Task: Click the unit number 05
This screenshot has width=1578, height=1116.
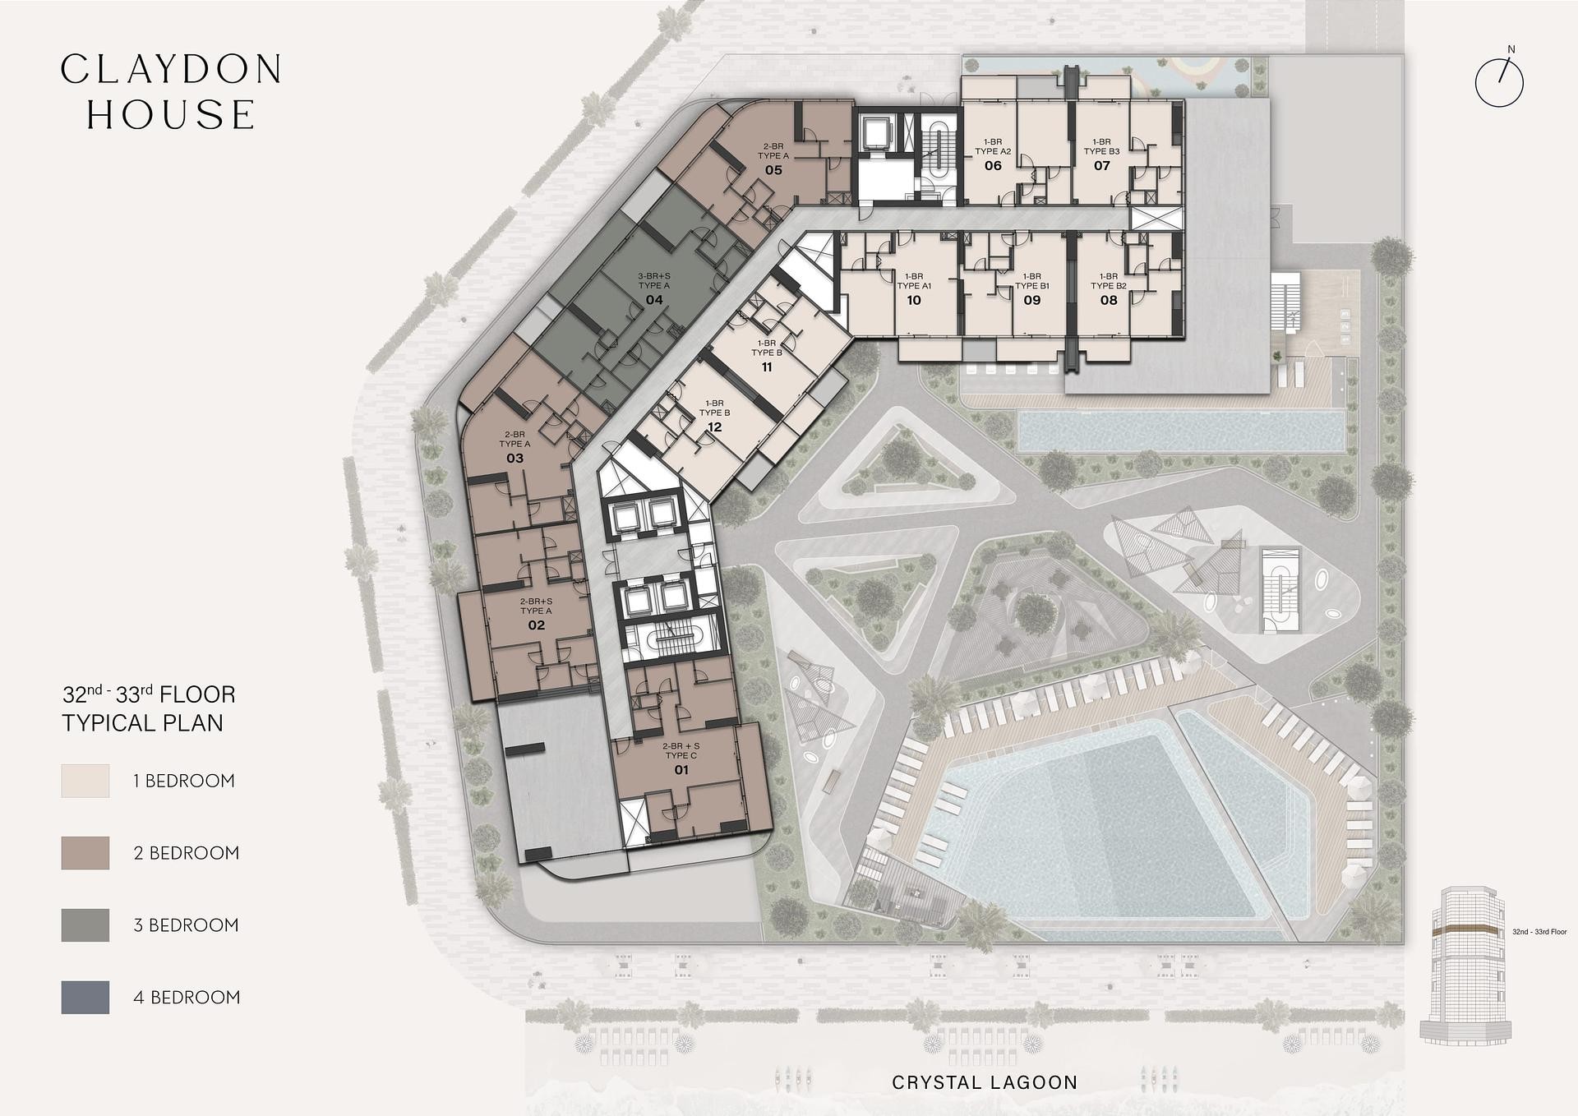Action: click(773, 170)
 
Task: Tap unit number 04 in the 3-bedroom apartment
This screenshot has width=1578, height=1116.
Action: click(654, 300)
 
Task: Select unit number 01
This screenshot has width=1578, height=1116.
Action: click(681, 770)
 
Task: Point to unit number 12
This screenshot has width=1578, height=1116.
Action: click(714, 427)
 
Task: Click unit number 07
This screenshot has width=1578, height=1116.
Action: click(1102, 166)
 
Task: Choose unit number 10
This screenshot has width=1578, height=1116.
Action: click(914, 300)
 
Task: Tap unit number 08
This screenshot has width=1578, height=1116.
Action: click(1109, 300)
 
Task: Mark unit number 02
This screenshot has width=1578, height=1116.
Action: click(536, 625)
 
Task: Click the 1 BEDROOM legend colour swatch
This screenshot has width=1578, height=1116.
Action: click(85, 781)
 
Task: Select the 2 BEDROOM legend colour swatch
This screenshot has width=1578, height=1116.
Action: click(85, 853)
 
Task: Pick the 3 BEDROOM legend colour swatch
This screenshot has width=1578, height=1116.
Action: click(85, 925)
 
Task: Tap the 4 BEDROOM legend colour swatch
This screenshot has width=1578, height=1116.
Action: click(85, 998)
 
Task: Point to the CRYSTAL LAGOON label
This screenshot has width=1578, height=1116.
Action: click(985, 1082)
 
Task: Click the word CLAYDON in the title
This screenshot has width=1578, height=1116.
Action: click(172, 70)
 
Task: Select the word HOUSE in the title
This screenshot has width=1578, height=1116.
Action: click(171, 115)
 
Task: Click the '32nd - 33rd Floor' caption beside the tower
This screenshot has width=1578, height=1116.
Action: click(1539, 932)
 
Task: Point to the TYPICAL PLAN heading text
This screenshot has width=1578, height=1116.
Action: click(143, 723)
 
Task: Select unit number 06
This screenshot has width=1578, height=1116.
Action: click(993, 166)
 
